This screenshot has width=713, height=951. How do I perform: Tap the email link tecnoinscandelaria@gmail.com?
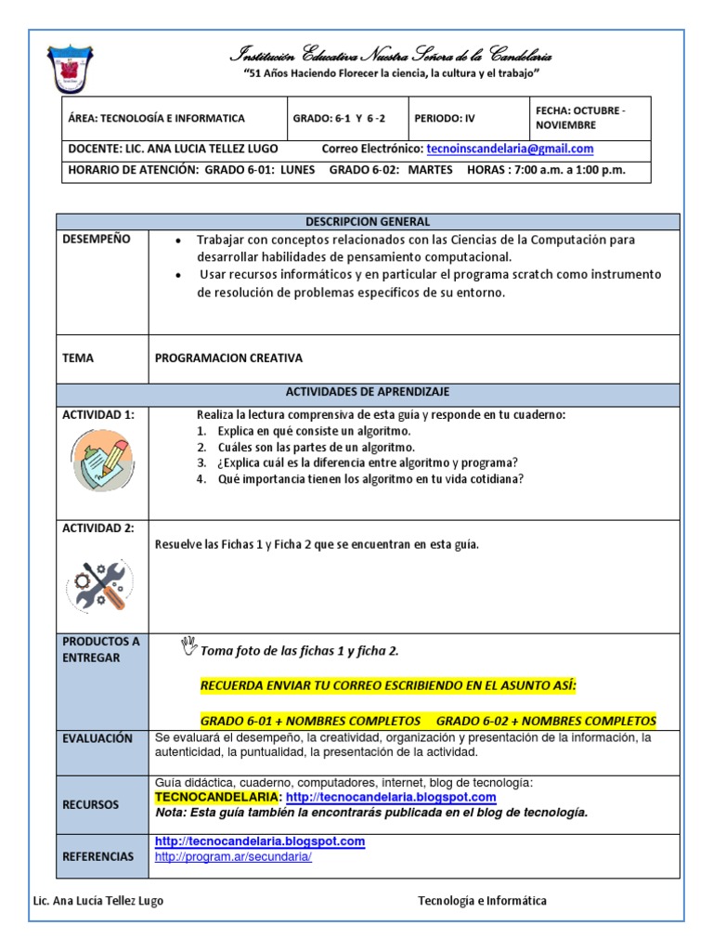(510, 149)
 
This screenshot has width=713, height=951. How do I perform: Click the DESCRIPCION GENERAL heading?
(368, 222)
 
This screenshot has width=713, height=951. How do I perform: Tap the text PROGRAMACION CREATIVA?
(228, 358)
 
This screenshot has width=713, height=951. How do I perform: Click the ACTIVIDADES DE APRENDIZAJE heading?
(368, 392)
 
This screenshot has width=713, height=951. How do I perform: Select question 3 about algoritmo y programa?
(357, 463)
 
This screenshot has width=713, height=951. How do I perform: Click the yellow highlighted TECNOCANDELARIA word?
(216, 798)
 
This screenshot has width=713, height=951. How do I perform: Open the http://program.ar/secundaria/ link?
(233, 857)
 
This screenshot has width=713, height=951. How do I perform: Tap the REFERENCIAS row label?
(97, 856)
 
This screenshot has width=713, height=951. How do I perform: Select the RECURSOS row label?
(91, 805)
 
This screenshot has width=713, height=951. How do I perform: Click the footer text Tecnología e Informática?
(482, 901)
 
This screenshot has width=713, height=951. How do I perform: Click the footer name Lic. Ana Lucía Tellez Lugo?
(98, 901)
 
